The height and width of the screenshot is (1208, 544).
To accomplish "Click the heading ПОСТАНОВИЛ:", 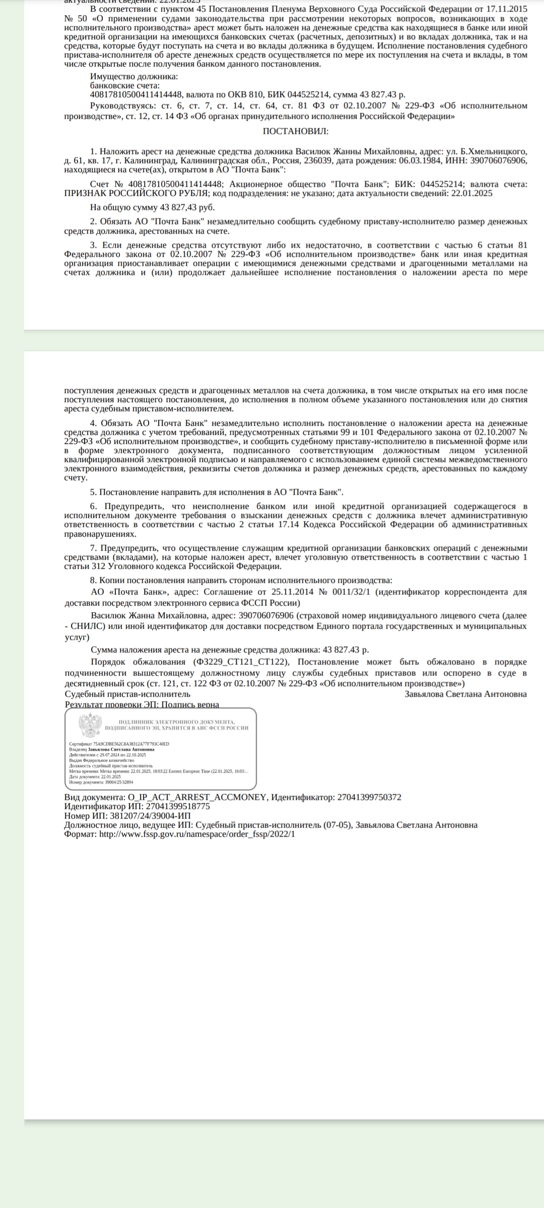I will tap(296, 131).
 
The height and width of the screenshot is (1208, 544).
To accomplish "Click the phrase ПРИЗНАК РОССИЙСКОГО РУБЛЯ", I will tap(137, 193).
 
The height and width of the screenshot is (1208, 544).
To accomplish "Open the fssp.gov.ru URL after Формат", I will tap(197, 834).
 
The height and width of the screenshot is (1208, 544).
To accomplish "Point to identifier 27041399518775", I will tap(171, 806).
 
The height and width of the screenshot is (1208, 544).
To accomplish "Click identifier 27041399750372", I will tap(369, 797).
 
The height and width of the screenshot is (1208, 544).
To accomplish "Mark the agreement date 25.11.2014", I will tap(295, 592).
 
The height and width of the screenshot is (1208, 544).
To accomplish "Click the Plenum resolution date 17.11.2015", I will tap(508, 10).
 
